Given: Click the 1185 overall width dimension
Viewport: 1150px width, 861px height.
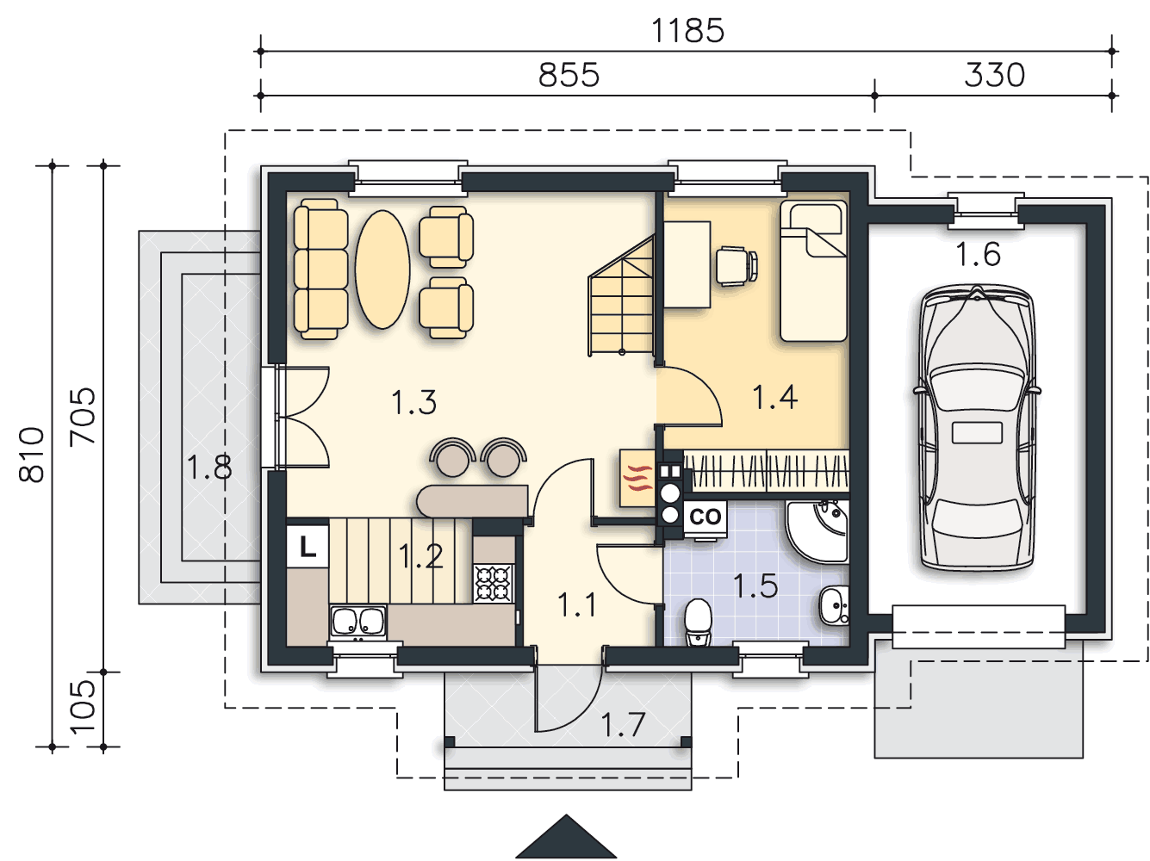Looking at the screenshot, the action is pyautogui.click(x=687, y=31).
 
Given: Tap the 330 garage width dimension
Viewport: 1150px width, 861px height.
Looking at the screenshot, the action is pyautogui.click(x=994, y=75).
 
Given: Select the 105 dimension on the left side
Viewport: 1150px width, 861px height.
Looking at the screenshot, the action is pyautogui.click(x=84, y=707).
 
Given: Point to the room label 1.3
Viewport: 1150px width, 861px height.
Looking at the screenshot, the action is pyautogui.click(x=413, y=402).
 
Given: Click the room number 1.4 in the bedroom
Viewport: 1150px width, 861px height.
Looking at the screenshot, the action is pyautogui.click(x=775, y=397).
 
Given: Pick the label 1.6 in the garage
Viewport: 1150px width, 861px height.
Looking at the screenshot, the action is pyautogui.click(x=978, y=254).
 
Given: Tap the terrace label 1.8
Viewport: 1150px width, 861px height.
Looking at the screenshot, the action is pyautogui.click(x=209, y=468).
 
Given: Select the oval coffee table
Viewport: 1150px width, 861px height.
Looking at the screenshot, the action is pyautogui.click(x=382, y=269).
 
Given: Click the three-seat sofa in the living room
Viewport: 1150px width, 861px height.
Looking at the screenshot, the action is pyautogui.click(x=320, y=269).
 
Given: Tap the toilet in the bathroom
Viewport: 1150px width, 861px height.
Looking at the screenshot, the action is pyautogui.click(x=698, y=622).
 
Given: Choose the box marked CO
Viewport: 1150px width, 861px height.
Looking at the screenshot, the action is pyautogui.click(x=706, y=517).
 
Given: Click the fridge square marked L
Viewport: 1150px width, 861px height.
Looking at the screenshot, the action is pyautogui.click(x=308, y=548).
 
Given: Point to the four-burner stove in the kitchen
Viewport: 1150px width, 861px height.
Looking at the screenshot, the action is pyautogui.click(x=494, y=583).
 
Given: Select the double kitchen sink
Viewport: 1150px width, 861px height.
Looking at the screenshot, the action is pyautogui.click(x=358, y=623).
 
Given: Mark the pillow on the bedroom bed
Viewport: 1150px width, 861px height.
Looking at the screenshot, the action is pyautogui.click(x=816, y=218).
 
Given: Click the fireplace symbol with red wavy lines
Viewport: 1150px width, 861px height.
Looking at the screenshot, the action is pyautogui.click(x=637, y=479).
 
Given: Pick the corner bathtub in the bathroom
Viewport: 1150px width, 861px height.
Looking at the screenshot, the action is pyautogui.click(x=817, y=531).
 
